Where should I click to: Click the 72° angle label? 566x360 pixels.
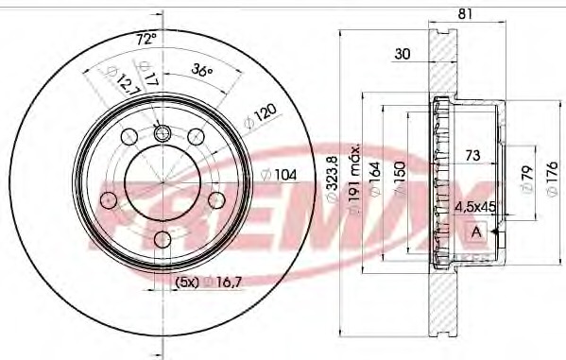click(146, 39)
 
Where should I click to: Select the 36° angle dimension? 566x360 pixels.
click(202, 70)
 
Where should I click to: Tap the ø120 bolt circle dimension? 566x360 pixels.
click(260, 116)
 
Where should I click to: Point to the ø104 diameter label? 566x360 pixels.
click(279, 175)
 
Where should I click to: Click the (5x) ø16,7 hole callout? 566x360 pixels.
click(208, 283)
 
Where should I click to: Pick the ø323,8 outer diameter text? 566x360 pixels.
click(332, 179)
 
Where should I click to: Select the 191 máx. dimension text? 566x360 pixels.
click(353, 178)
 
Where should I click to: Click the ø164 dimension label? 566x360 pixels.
click(375, 180)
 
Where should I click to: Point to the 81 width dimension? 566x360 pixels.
click(465, 14)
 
